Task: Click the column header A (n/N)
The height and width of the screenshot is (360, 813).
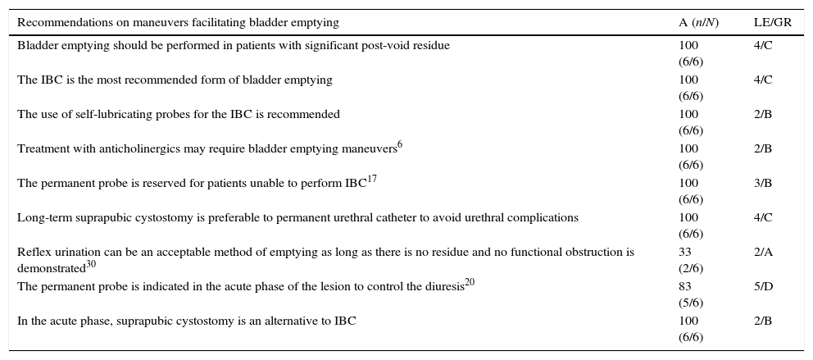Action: click(698, 23)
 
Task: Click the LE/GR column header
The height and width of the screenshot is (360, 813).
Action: click(772, 23)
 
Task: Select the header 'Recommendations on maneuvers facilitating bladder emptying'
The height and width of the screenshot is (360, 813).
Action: click(178, 23)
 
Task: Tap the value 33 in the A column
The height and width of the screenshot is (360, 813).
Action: click(685, 253)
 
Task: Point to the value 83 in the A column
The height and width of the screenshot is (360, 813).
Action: click(685, 287)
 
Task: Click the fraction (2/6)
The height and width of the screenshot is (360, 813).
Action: click(690, 268)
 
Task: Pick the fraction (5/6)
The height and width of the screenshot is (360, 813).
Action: click(690, 303)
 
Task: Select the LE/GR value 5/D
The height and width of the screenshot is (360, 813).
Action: click(763, 287)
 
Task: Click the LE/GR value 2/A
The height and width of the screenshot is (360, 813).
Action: click(763, 253)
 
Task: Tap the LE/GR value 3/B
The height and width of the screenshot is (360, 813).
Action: click(762, 184)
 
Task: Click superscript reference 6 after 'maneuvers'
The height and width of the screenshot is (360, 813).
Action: click(400, 145)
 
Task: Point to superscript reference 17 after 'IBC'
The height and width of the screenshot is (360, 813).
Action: click(372, 180)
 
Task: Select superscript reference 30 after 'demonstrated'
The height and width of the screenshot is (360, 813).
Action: click(91, 264)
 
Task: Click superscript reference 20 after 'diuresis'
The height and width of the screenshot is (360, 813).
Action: click(470, 283)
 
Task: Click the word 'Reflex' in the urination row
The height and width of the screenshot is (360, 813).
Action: click(33, 253)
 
